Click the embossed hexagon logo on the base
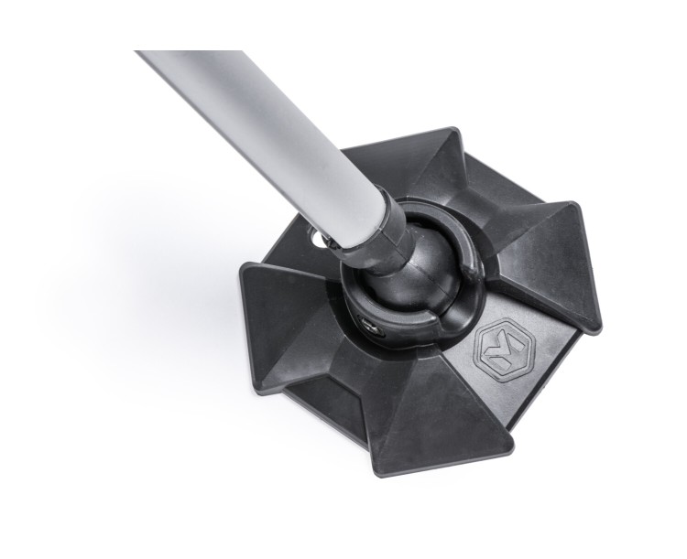tap(498, 349)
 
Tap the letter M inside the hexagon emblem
tap(498, 349)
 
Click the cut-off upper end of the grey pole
tap(151, 57)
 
